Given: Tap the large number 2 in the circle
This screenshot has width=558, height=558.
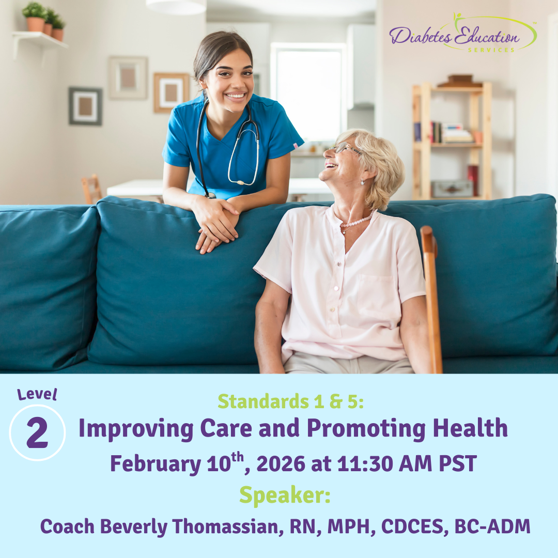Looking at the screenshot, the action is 37,433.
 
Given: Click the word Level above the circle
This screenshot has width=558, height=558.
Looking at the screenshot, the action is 37,394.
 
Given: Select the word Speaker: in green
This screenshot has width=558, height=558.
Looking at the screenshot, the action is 285,495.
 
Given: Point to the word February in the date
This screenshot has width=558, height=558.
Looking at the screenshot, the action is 156,463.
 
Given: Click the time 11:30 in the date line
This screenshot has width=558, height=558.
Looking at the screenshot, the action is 365,463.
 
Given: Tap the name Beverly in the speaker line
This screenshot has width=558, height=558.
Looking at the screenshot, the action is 134,527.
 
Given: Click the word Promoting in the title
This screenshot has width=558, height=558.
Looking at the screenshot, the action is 366,428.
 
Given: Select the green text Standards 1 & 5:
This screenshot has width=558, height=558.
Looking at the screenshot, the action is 291,401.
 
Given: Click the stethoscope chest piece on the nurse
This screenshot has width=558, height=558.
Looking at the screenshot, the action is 241,182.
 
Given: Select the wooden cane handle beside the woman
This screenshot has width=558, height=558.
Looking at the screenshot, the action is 428,241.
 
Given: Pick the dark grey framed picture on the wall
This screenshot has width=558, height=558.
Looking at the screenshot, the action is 85,106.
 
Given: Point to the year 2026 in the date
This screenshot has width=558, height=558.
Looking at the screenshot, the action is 281,463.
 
